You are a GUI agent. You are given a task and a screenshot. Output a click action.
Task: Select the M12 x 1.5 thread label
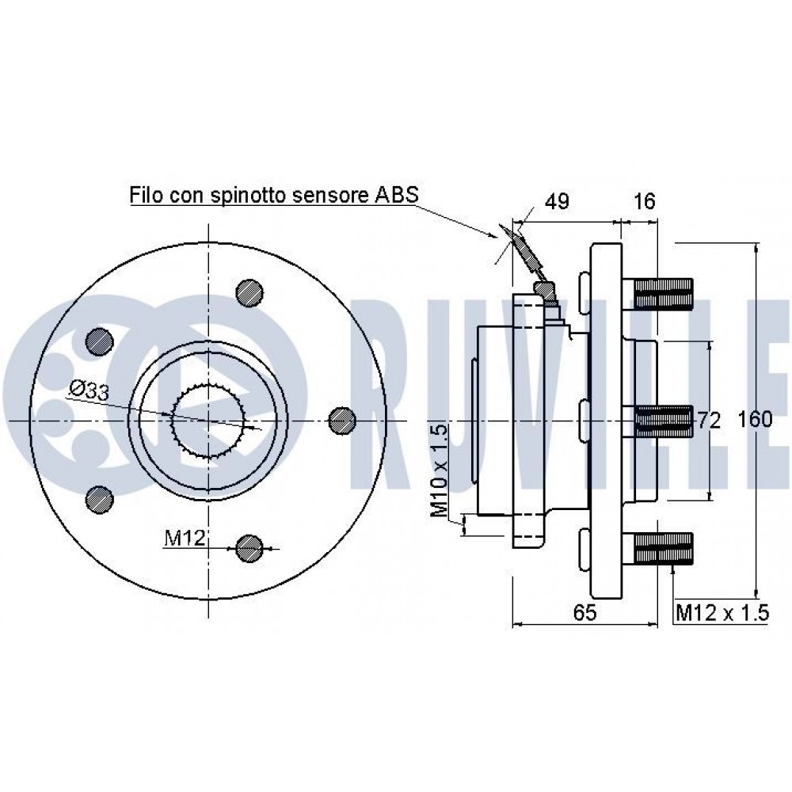point(722,612)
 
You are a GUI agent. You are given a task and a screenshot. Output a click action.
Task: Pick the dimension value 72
point(709,421)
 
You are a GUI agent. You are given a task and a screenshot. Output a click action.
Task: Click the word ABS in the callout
point(394,194)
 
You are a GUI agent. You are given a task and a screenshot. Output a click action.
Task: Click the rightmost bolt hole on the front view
point(341,420)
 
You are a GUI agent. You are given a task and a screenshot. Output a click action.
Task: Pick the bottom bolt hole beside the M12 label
point(249,546)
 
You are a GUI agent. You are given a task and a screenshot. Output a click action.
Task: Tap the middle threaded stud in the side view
point(663,420)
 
